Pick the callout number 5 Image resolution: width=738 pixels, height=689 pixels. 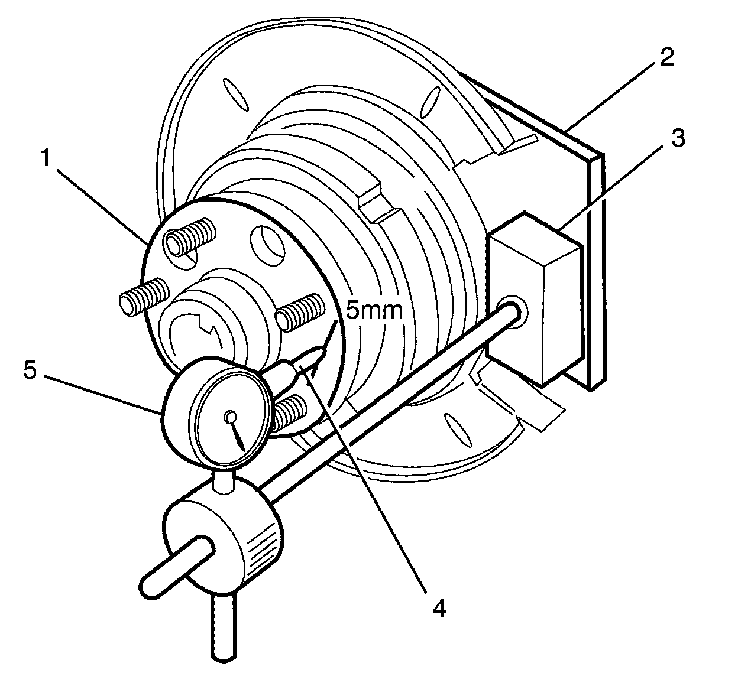coord(30,371)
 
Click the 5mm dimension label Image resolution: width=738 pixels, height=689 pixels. coord(374,309)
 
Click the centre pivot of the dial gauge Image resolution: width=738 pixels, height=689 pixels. coord(229,418)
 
